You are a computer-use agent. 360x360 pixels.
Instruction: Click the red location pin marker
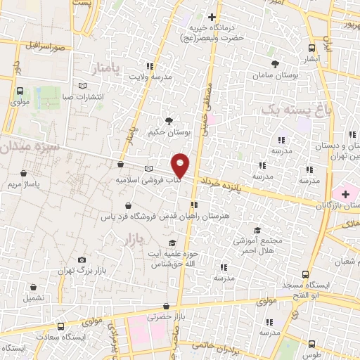point(181,165)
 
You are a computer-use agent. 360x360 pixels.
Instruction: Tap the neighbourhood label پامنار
point(106,68)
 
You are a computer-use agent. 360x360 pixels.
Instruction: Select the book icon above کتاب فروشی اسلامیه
point(148,169)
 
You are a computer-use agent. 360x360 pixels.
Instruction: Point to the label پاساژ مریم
point(25,184)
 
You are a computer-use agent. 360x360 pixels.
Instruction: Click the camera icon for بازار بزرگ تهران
point(82,260)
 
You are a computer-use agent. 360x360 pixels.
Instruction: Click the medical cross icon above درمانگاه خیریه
point(212,16)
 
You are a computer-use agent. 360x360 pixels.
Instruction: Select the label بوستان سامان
point(295,73)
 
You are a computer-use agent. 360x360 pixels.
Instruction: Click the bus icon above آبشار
point(312,49)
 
